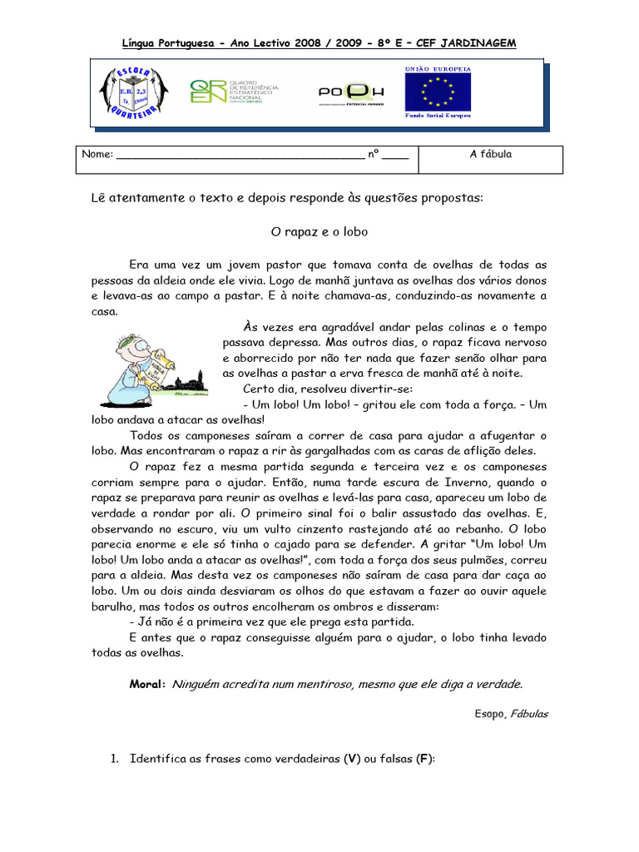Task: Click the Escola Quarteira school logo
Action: pos(134,92)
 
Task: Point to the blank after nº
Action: pos(395,156)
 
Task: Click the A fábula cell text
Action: pos(491,154)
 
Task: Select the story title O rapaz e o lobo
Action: pos(319,231)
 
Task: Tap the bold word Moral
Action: pos(147,684)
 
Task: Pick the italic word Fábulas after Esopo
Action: pos(529,714)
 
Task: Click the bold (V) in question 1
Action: pos(352,760)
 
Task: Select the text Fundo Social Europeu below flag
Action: pos(438,115)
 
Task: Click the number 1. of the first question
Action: pos(116,760)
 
